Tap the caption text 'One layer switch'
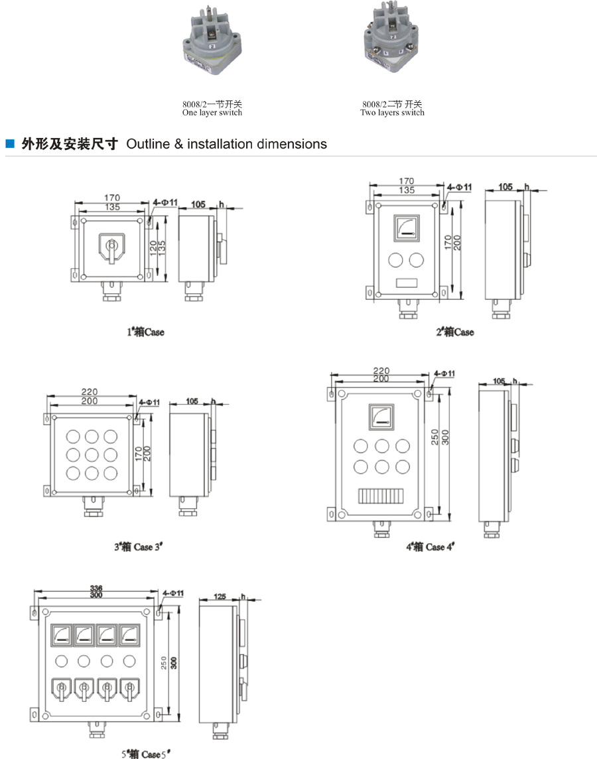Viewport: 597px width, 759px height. click(212, 113)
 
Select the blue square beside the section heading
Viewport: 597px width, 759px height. click(9, 143)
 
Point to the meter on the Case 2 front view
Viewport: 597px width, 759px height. click(406, 229)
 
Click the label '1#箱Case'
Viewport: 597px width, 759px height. click(145, 332)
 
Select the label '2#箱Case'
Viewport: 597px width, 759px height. click(454, 332)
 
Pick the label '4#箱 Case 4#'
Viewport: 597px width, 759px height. click(429, 547)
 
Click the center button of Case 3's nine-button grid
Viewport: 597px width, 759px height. click(92, 455)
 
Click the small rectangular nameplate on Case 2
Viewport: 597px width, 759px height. click(406, 282)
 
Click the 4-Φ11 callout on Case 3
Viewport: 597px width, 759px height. click(149, 402)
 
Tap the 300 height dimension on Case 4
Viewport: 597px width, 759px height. click(446, 438)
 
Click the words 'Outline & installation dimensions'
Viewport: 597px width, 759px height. click(226, 144)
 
